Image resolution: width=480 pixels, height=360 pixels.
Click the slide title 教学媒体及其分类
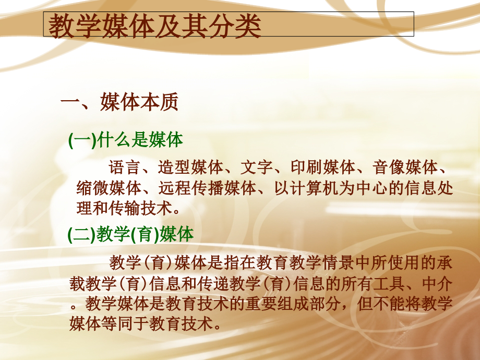point(155,27)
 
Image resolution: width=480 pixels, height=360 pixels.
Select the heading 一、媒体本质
point(119,102)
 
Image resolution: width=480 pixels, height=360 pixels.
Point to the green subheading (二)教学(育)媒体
point(131,234)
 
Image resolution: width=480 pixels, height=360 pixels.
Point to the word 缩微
point(85,188)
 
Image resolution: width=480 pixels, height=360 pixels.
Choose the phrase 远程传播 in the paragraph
point(175,188)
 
